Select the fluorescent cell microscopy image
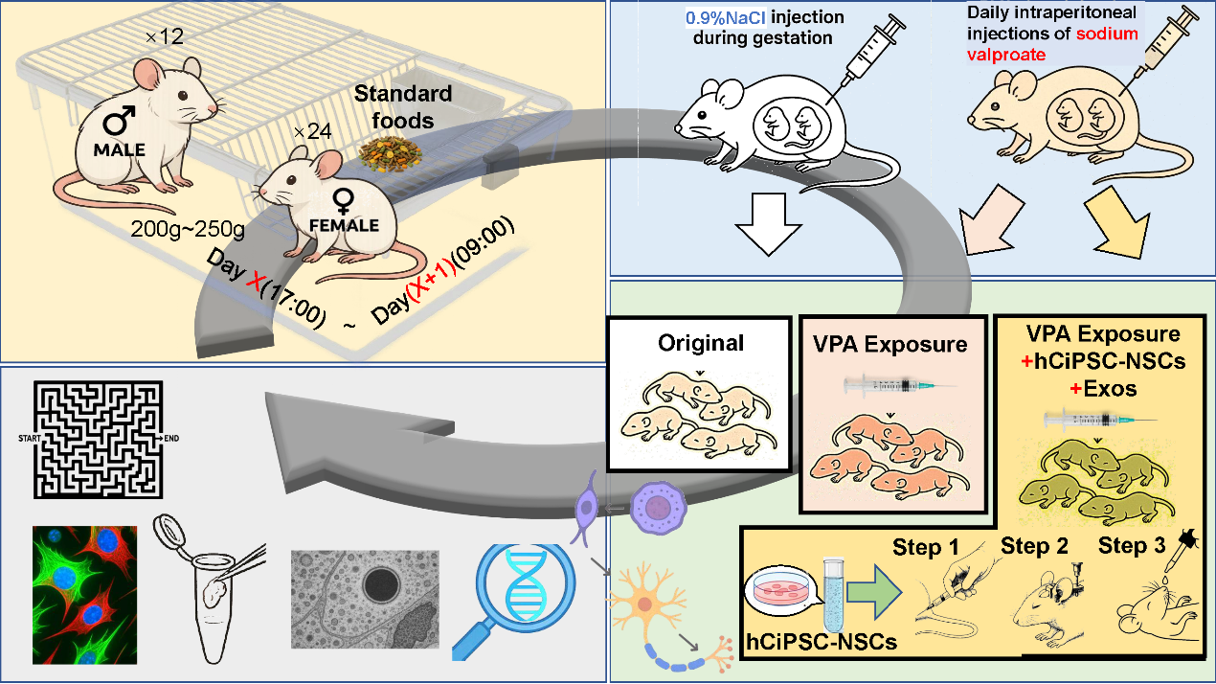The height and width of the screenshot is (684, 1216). [84, 594]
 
